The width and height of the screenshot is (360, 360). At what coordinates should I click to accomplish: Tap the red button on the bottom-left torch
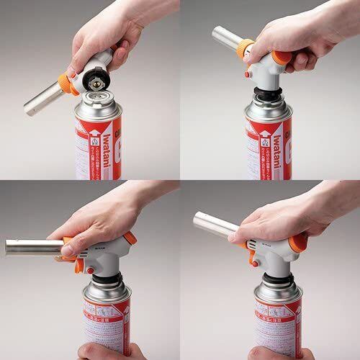pos(93,269)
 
